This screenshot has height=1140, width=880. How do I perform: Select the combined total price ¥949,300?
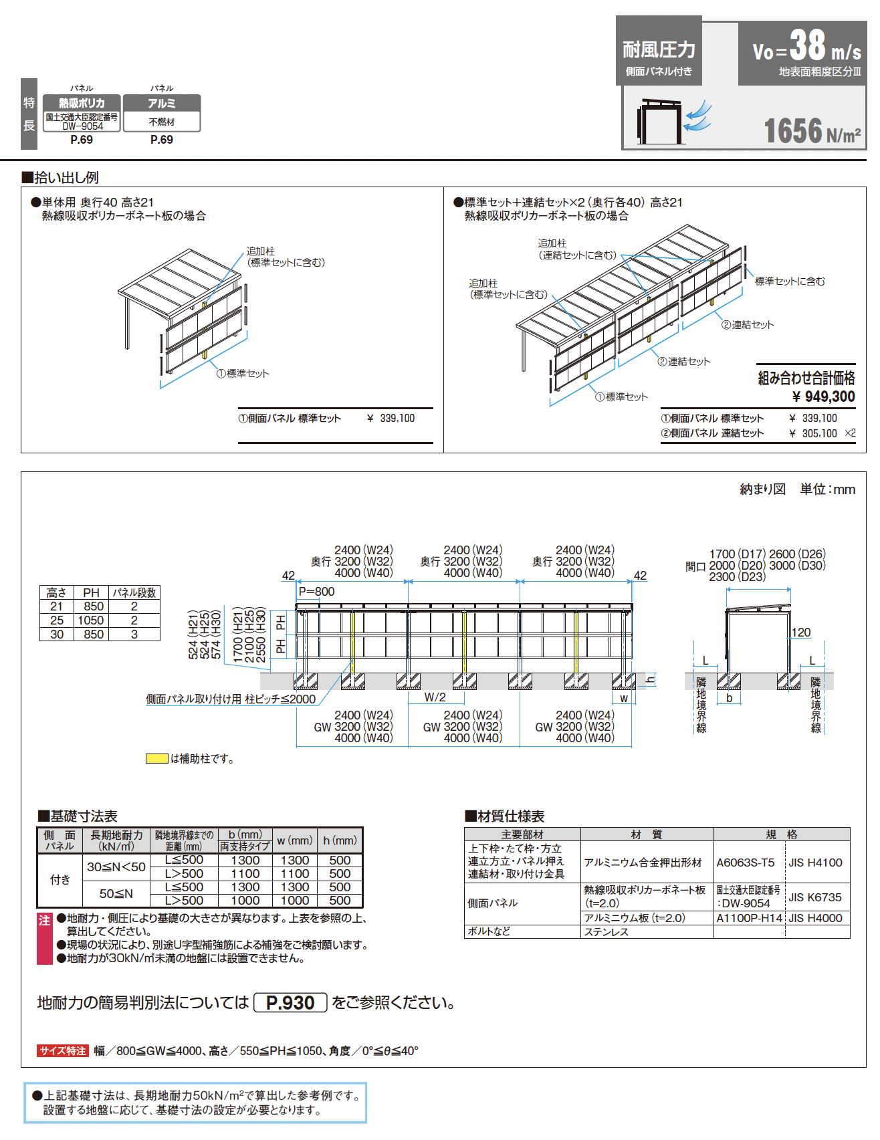(x=823, y=396)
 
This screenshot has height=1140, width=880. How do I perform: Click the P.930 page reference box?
(x=290, y=1002)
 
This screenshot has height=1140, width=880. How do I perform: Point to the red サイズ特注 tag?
(x=63, y=1050)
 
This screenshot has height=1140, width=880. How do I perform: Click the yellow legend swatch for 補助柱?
(x=157, y=758)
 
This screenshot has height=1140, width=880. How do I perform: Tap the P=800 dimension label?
(x=316, y=592)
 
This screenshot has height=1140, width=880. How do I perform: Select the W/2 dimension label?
(x=435, y=697)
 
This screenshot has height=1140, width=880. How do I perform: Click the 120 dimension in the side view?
(x=800, y=633)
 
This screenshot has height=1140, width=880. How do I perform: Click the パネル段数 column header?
(x=134, y=592)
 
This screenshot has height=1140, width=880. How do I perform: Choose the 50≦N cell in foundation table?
(x=116, y=893)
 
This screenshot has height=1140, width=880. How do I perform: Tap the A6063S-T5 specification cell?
(x=746, y=863)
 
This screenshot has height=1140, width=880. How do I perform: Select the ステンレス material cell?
(x=607, y=931)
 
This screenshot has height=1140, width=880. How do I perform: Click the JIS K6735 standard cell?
(x=815, y=897)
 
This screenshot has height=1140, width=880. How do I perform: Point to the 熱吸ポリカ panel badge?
(x=82, y=103)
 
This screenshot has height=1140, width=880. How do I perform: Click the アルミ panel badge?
(x=162, y=103)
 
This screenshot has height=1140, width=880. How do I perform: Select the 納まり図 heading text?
(x=763, y=489)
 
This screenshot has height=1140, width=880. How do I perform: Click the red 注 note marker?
(x=45, y=921)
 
